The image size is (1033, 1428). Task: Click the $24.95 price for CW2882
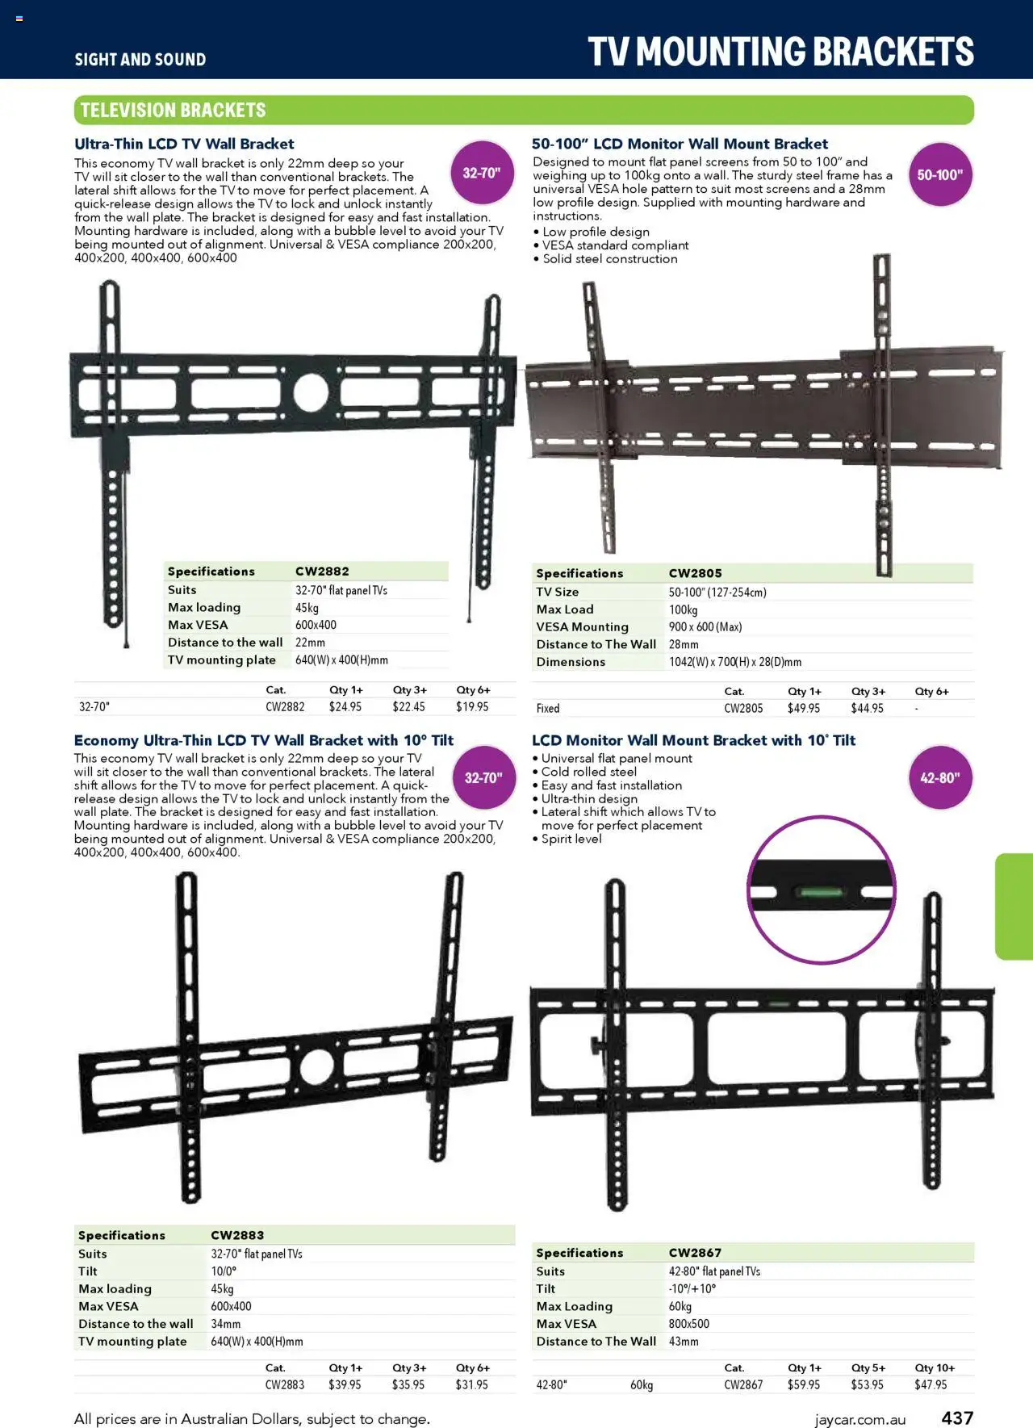345,706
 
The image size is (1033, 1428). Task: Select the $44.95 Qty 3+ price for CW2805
867,708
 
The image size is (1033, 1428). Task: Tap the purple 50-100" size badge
939,174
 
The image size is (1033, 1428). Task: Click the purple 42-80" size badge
939,777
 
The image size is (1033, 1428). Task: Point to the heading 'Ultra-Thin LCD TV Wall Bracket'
184,144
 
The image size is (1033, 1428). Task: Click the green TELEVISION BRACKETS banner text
173,110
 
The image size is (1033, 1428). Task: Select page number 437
957,1418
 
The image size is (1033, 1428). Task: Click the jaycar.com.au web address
859,1419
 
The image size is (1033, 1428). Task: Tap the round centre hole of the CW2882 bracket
311,392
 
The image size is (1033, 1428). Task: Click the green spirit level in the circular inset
822,892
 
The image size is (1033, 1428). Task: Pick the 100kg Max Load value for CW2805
683,609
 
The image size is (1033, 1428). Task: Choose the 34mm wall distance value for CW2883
225,1324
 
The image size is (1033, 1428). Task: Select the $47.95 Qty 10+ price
931,1384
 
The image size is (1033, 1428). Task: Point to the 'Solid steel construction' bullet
609,258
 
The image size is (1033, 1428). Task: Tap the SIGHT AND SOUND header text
140,59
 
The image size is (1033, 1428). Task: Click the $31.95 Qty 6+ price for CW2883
471,1384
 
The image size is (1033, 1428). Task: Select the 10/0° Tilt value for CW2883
224,1271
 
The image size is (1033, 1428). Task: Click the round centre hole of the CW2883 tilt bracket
316,1067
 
